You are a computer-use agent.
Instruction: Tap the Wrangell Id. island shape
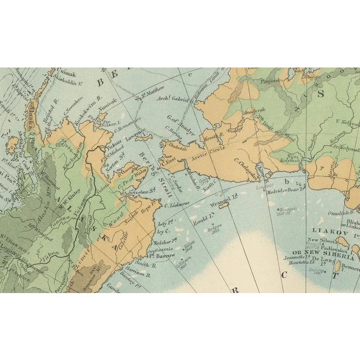(x=223, y=206)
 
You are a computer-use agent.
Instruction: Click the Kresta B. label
(x=213, y=136)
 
